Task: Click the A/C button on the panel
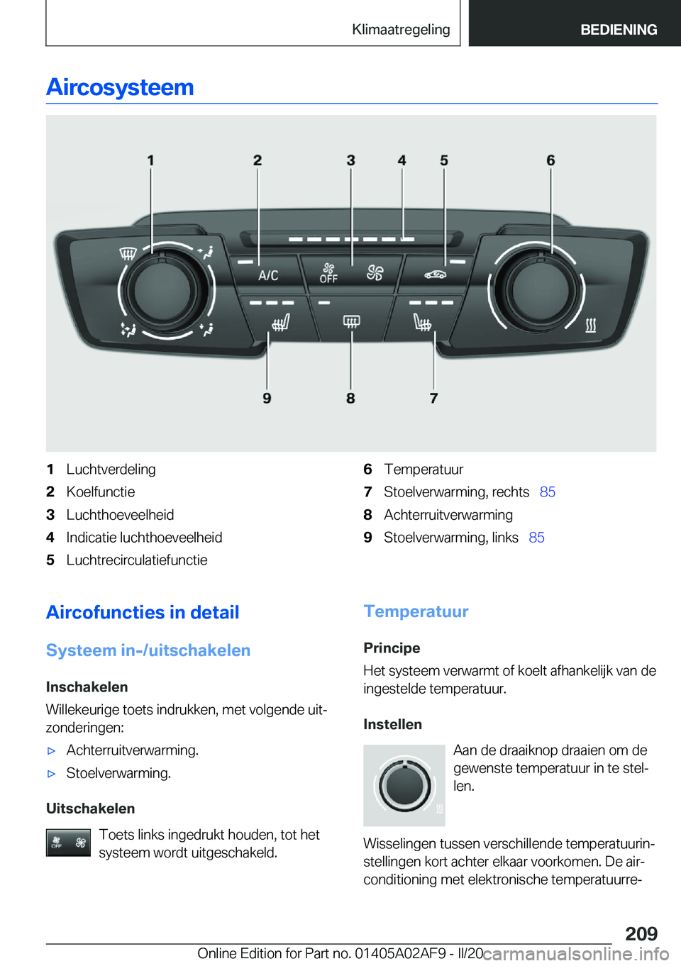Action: (268, 275)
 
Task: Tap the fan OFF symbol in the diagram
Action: (328, 273)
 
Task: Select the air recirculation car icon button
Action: (435, 274)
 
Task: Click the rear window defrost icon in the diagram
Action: (351, 321)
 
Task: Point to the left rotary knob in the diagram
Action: (162, 289)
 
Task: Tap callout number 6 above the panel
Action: (550, 161)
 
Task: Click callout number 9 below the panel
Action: (267, 398)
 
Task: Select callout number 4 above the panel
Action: (402, 161)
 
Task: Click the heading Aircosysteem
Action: (120, 87)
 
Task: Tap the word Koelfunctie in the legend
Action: (101, 492)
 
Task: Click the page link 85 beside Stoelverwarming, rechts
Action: (547, 492)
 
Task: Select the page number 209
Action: (641, 933)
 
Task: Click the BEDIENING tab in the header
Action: (619, 30)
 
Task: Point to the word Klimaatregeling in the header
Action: (401, 30)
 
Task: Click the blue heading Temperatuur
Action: (416, 611)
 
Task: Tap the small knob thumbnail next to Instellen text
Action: (404, 785)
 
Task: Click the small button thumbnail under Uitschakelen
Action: (68, 843)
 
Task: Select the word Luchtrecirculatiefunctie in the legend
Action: (137, 560)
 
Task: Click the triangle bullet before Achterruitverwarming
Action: (51, 750)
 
